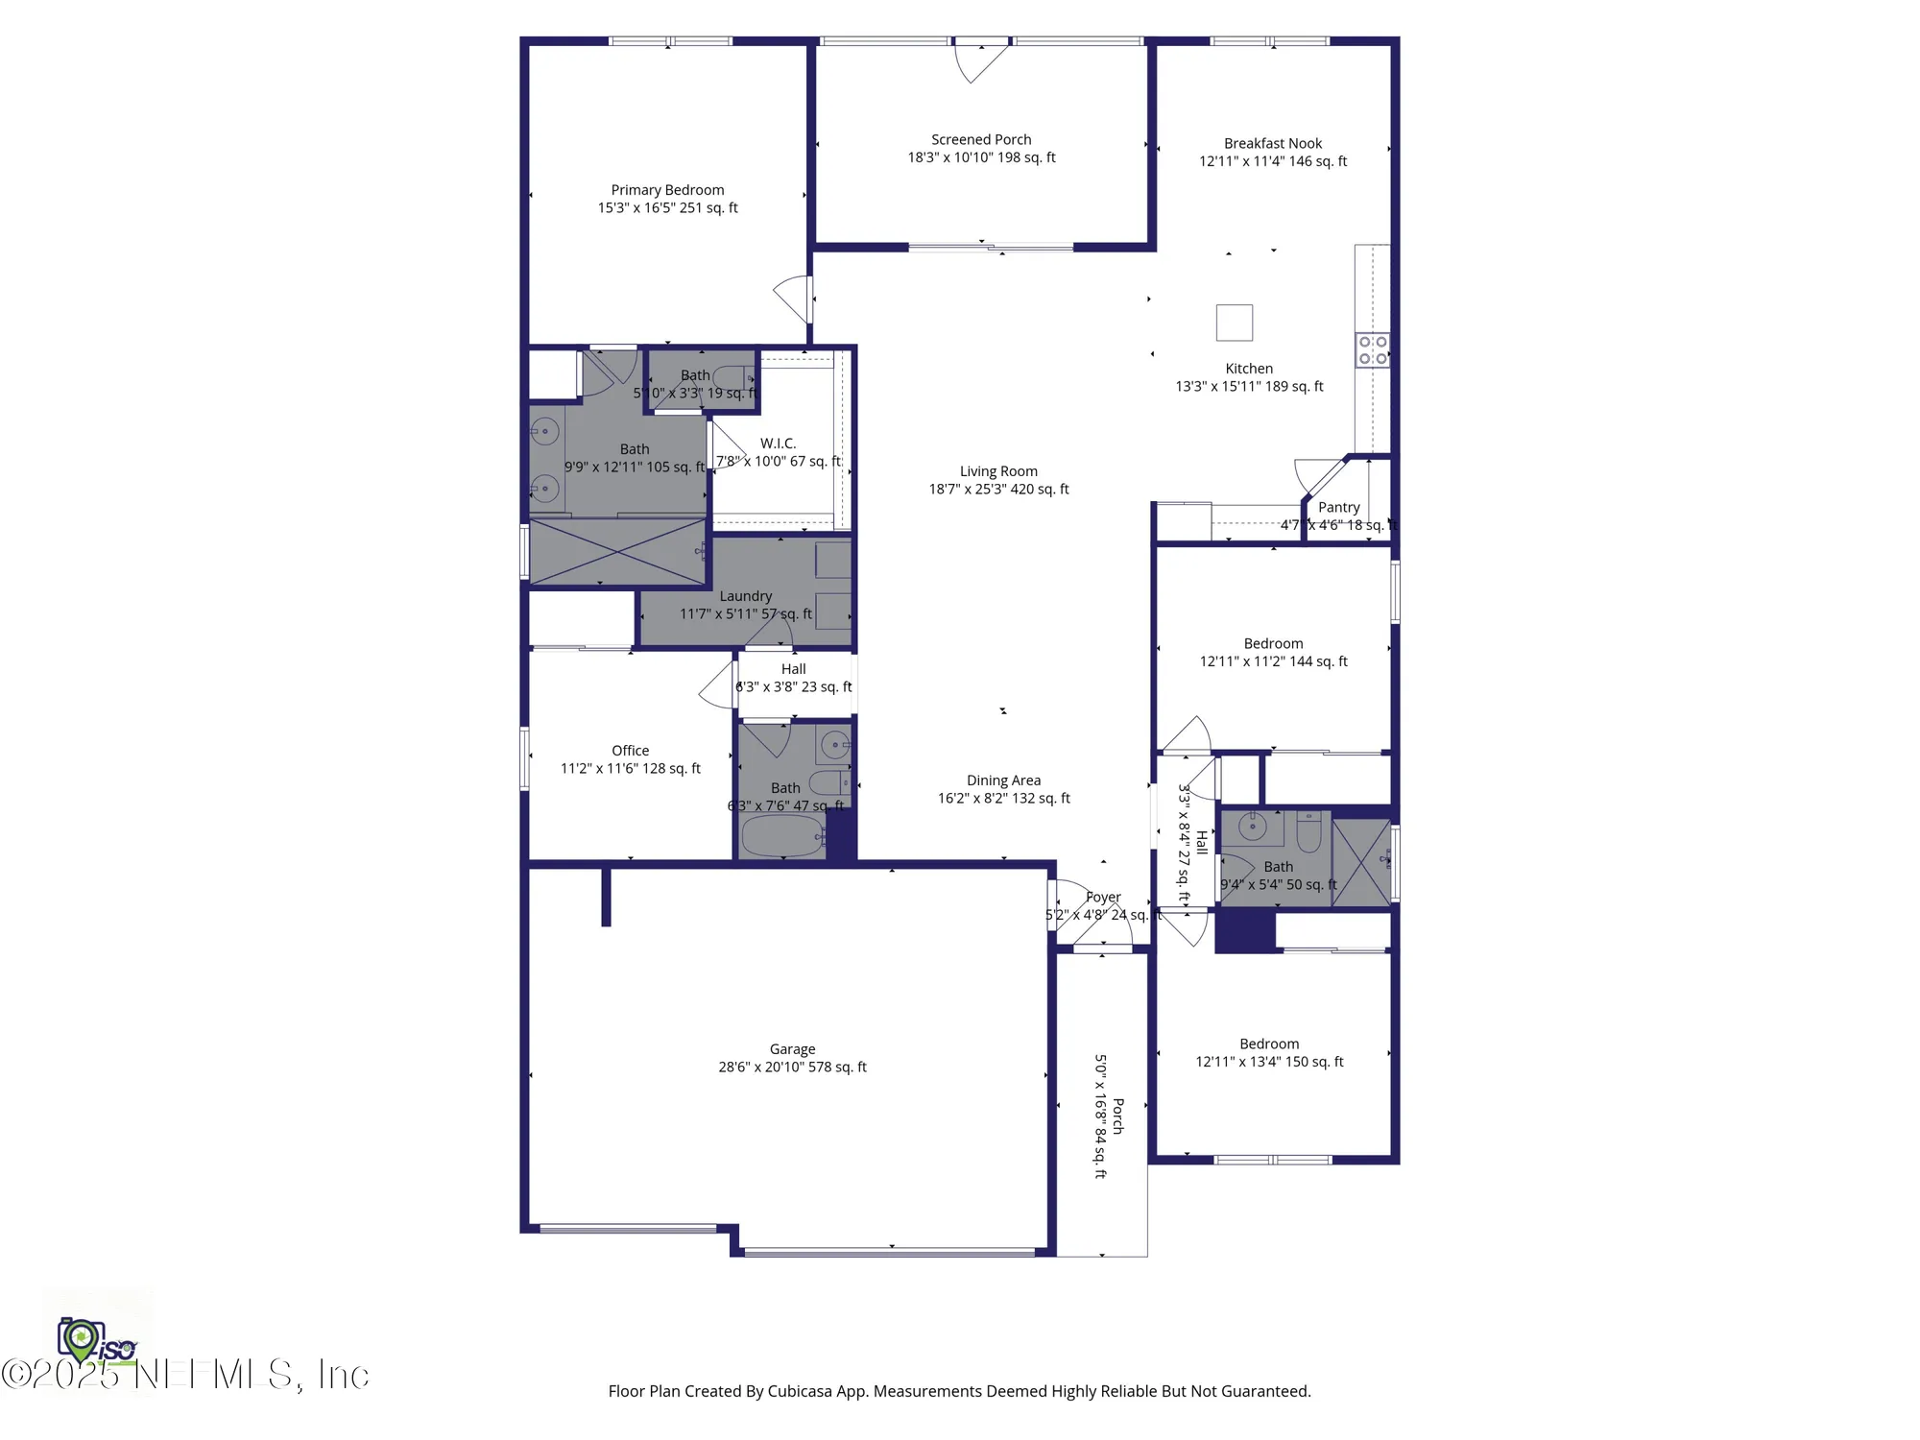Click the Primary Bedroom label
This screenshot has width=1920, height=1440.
[667, 190]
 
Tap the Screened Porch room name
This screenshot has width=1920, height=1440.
[981, 140]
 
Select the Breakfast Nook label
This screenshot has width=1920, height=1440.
[1272, 144]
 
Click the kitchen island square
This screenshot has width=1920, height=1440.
[1234, 323]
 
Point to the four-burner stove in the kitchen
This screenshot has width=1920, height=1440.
[1372, 350]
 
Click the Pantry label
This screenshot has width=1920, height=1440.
[1338, 508]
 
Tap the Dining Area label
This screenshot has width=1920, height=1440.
[1003, 780]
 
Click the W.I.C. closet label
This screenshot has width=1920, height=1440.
[778, 444]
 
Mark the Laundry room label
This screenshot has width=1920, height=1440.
[745, 596]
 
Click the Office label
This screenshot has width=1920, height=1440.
[630, 751]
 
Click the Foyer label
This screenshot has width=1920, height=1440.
[1103, 898]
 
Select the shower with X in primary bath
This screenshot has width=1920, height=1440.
[617, 552]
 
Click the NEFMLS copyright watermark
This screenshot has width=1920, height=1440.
[187, 1375]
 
